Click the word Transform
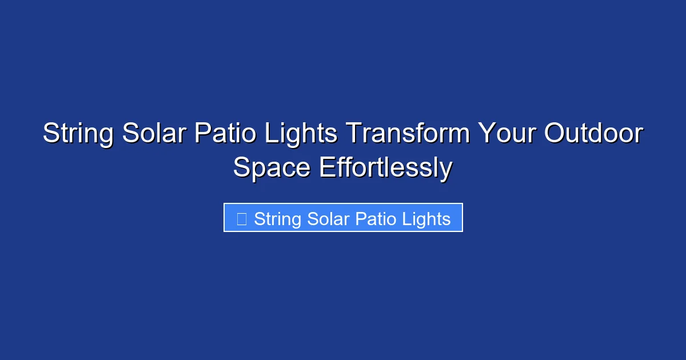(x=409, y=134)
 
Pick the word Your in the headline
(x=506, y=134)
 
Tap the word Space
(x=272, y=168)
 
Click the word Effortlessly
(x=385, y=168)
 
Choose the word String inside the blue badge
(x=278, y=219)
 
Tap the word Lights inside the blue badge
(x=425, y=219)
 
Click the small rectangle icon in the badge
(x=242, y=219)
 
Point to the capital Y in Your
(x=486, y=134)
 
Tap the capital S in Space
(x=241, y=168)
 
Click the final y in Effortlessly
(x=446, y=170)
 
